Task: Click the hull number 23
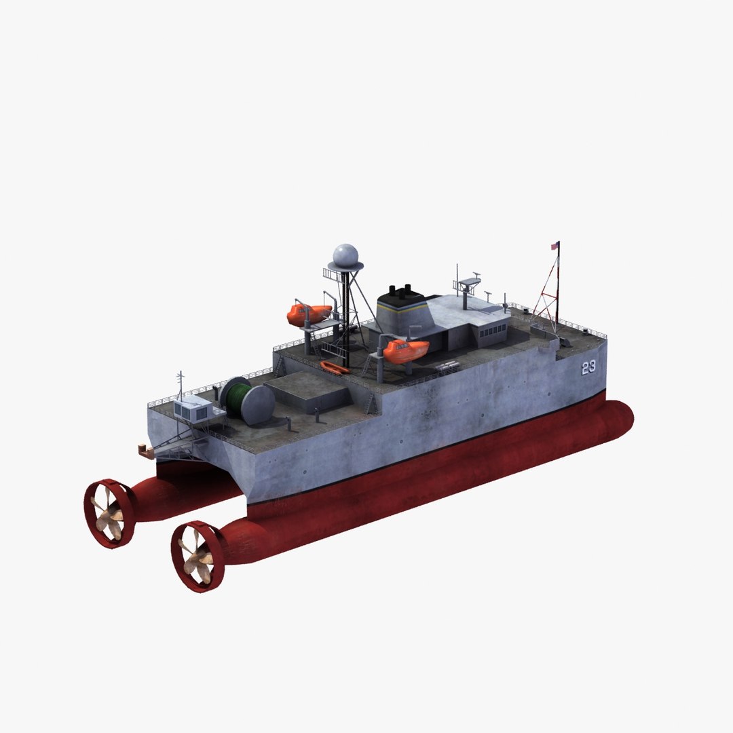coord(588,367)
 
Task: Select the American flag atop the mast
coord(555,246)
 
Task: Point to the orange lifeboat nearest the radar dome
coord(308,314)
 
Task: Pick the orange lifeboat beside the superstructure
coord(405,350)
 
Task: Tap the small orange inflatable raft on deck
coord(335,368)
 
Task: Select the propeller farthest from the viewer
coord(109,513)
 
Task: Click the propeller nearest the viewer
coord(197,557)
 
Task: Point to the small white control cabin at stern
coord(193,409)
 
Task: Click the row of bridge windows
coord(493,331)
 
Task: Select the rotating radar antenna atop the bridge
coord(469,281)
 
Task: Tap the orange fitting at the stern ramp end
coord(143,448)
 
